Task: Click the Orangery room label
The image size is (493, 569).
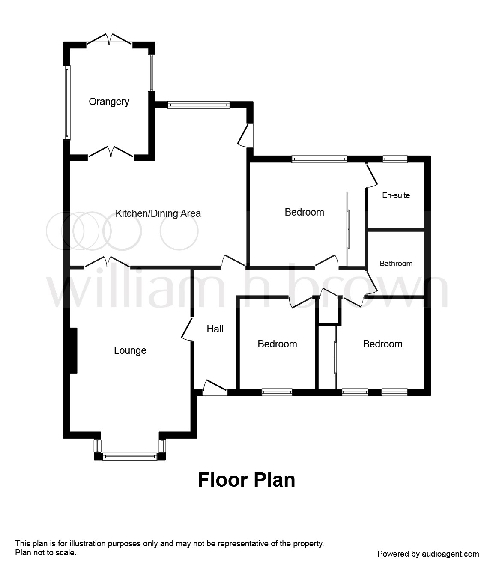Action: point(109,102)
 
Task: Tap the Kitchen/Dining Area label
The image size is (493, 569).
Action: point(158,213)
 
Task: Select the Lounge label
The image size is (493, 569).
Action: point(130,350)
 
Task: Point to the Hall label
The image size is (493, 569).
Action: point(215,329)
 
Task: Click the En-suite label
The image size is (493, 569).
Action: point(396,195)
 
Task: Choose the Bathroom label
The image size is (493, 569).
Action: point(396,264)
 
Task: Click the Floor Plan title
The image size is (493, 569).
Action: point(247,480)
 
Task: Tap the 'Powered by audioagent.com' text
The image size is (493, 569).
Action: point(428,554)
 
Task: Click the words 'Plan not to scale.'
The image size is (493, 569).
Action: point(46,552)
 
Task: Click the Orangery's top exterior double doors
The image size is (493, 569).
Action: point(109,39)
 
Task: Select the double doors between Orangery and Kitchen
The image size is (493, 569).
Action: point(111,152)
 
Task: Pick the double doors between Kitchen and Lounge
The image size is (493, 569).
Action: point(107,262)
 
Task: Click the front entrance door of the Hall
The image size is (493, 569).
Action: point(215,388)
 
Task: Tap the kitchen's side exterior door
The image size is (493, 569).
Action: point(245,135)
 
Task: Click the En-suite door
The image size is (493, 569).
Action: point(371,175)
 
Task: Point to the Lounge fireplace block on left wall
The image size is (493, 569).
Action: point(73,350)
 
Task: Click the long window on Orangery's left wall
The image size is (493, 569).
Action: point(67,102)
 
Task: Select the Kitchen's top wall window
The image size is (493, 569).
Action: point(198,105)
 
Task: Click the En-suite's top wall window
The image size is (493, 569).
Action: point(395,159)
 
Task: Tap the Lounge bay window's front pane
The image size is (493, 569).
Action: point(130,456)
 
